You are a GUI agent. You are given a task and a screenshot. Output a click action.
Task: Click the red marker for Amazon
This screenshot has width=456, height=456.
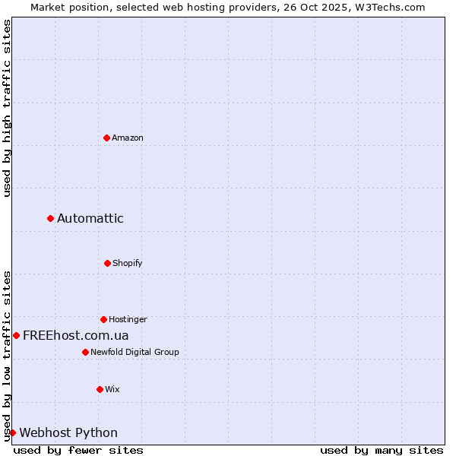pyautogui.click(x=106, y=138)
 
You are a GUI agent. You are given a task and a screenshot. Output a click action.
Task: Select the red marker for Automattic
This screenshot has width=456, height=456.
pyautogui.click(x=50, y=218)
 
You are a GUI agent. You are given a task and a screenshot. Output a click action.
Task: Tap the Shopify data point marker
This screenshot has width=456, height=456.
pyautogui.click(x=107, y=263)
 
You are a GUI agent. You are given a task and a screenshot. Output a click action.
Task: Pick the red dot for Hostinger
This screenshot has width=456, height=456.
pyautogui.click(x=103, y=319)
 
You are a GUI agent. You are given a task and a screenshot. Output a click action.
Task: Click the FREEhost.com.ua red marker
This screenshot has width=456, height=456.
pyautogui.click(x=16, y=335)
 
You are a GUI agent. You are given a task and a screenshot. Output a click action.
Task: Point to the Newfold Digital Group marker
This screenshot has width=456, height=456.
pyautogui.click(x=85, y=352)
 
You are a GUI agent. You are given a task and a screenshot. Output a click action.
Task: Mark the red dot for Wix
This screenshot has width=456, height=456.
pyautogui.click(x=100, y=389)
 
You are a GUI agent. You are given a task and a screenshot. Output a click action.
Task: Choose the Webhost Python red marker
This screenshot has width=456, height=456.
pyautogui.click(x=12, y=432)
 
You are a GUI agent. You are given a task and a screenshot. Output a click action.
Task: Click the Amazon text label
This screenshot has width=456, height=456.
pyautogui.click(x=128, y=138)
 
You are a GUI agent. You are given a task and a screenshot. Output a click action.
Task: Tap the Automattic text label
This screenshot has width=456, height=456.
pyautogui.click(x=90, y=218)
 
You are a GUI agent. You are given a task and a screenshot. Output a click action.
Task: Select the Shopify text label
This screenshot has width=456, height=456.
pyautogui.click(x=128, y=263)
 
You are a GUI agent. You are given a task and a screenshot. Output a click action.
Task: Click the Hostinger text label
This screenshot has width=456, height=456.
pyautogui.click(x=128, y=319)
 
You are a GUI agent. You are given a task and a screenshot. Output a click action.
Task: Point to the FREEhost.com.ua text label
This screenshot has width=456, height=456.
pyautogui.click(x=76, y=335)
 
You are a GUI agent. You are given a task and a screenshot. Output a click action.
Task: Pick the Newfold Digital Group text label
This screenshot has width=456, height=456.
pyautogui.click(x=135, y=352)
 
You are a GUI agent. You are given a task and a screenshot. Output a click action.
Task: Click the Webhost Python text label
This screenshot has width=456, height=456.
pyautogui.click(x=68, y=432)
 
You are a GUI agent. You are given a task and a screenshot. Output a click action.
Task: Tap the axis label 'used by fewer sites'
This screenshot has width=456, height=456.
pyautogui.click(x=78, y=450)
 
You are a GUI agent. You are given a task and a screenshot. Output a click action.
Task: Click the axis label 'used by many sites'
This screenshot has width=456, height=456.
pyautogui.click(x=382, y=450)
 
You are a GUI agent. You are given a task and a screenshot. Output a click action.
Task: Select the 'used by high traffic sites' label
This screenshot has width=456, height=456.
pyautogui.click(x=7, y=108)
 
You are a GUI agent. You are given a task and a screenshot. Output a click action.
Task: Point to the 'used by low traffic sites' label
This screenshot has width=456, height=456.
pyautogui.click(x=7, y=356)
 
